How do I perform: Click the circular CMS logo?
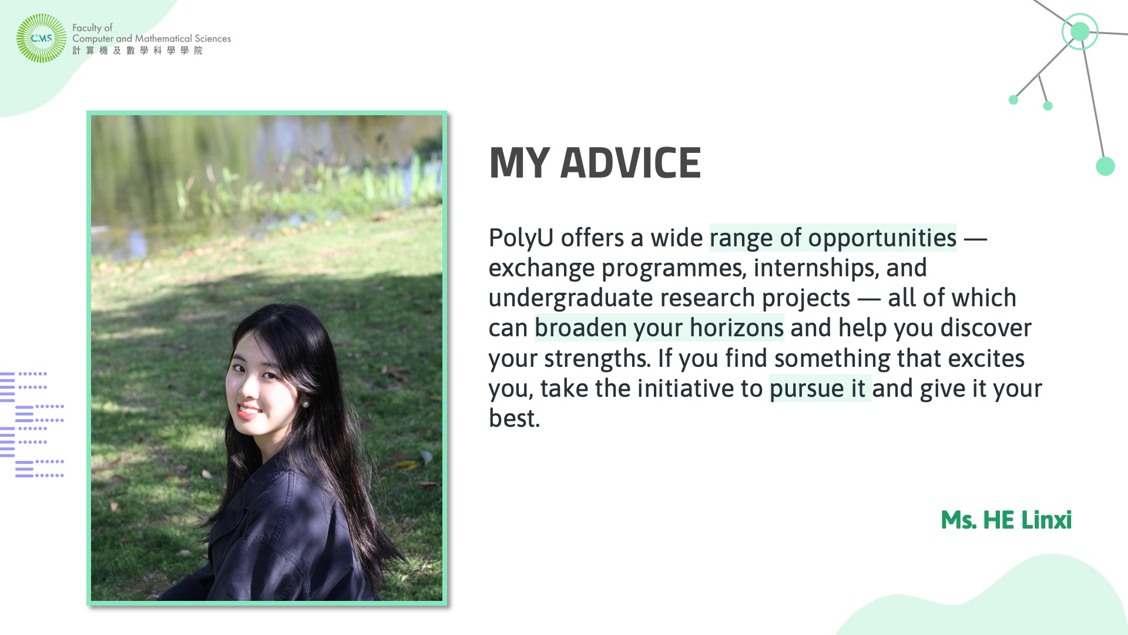click(x=41, y=38)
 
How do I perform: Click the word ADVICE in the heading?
click(x=630, y=163)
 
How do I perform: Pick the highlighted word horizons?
click(x=737, y=328)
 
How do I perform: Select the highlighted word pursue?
click(x=807, y=389)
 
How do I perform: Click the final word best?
click(x=514, y=419)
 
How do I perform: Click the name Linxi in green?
click(x=1046, y=520)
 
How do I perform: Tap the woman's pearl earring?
click(x=305, y=404)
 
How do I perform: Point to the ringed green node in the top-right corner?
click(x=1080, y=31)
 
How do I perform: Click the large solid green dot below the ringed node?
click(x=1105, y=166)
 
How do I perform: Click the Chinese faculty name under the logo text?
click(x=137, y=51)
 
